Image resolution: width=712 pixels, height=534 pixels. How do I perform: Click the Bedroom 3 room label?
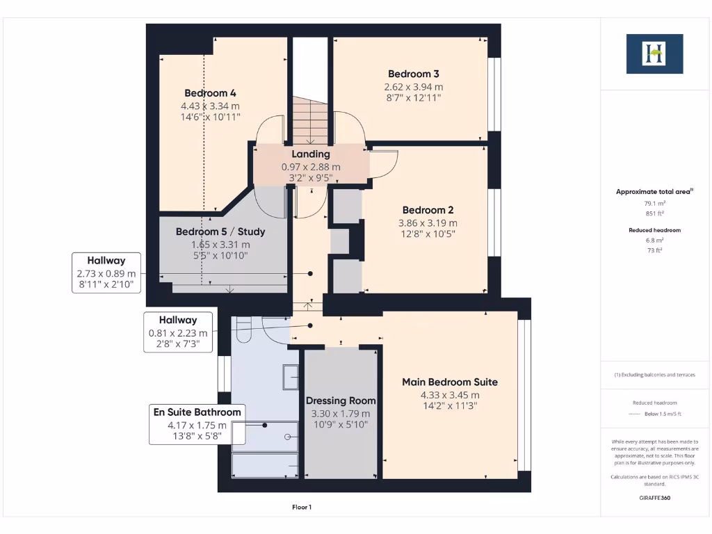coord(413,74)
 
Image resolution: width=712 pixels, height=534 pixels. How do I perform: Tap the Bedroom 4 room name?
coord(210,93)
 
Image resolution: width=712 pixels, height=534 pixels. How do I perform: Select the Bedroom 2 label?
coord(428,210)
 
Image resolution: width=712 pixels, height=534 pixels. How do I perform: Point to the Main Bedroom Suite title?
coord(450,382)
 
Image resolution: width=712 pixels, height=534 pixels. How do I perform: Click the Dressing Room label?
coord(341,401)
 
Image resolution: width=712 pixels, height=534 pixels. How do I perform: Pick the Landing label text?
coord(311,154)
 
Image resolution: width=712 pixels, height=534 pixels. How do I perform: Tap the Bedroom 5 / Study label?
coord(220,232)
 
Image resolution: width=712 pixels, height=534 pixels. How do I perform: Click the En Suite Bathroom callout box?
coord(197,424)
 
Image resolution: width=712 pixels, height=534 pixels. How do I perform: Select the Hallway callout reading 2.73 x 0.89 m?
coord(106,273)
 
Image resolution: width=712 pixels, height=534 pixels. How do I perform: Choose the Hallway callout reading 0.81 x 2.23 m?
coord(178,332)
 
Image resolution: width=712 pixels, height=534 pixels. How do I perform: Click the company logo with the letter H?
coord(654,54)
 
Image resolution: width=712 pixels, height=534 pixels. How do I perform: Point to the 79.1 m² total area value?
coord(655,204)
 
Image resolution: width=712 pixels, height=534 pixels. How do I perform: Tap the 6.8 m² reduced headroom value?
coord(655,240)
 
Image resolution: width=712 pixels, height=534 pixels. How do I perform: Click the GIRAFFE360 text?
coord(655,498)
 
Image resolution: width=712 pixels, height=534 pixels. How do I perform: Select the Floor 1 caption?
coord(302,507)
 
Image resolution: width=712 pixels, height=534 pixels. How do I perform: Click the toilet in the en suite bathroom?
coord(244,328)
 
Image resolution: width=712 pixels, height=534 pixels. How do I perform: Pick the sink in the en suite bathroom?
coord(291,377)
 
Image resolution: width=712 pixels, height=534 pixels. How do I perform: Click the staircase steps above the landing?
coord(309,121)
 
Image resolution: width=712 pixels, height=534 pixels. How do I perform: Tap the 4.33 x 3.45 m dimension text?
coord(450,395)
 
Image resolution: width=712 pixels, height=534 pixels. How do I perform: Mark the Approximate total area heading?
coord(654,192)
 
